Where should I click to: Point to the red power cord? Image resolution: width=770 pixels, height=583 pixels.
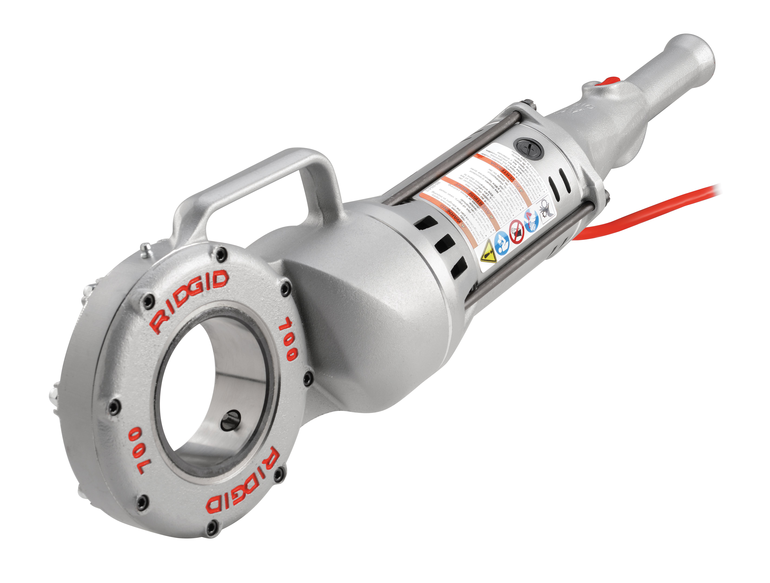(654, 209)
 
